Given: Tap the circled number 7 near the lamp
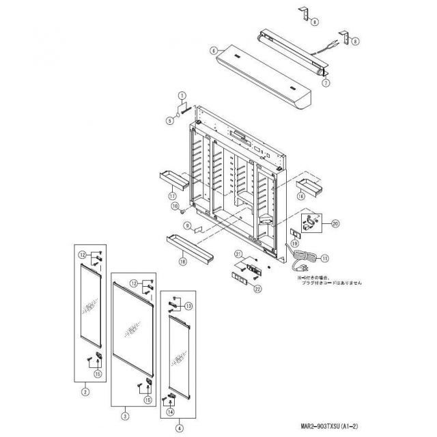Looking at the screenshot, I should tap(326, 83).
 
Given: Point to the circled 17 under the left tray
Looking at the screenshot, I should tap(173, 195).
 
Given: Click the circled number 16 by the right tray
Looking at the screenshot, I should tap(300, 195).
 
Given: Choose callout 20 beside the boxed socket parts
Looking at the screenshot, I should tap(335, 223).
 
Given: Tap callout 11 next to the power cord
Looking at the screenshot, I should tap(325, 258).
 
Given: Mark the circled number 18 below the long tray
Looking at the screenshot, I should tap(182, 260).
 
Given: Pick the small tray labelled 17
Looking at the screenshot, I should tap(175, 180).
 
